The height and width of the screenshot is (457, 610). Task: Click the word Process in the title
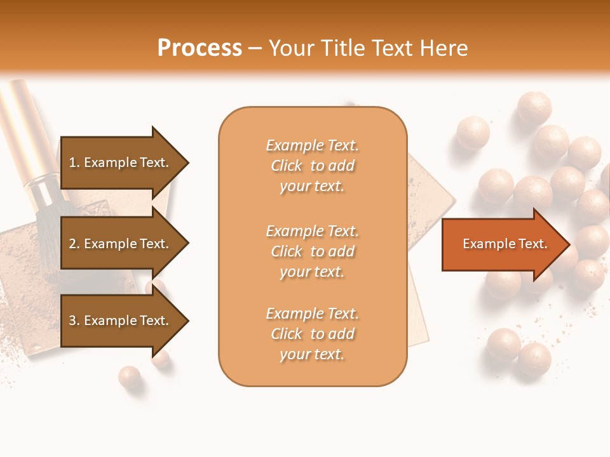pyautogui.click(x=200, y=48)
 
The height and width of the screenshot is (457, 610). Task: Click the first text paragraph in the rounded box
pyautogui.click(x=312, y=166)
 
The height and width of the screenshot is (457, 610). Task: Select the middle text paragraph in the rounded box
pyautogui.click(x=312, y=251)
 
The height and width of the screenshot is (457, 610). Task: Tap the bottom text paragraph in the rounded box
pyautogui.click(x=312, y=334)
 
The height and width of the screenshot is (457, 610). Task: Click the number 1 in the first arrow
pyautogui.click(x=72, y=162)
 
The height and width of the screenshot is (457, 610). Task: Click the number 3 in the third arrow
pyautogui.click(x=72, y=321)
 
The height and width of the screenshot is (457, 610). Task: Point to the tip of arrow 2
pyautogui.click(x=187, y=244)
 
